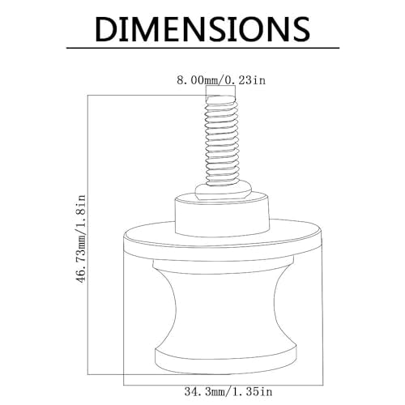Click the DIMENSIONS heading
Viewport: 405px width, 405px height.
click(x=202, y=29)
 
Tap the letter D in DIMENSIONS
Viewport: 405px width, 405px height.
click(x=106, y=29)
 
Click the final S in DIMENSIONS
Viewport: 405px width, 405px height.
click(x=299, y=29)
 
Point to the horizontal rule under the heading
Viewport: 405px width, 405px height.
click(x=202, y=48)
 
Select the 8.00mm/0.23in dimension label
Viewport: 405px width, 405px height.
click(x=221, y=80)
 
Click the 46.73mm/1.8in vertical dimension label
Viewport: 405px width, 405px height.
click(x=81, y=239)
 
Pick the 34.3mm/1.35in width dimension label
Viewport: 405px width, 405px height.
click(x=228, y=391)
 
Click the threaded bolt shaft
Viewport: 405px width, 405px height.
click(x=221, y=140)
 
